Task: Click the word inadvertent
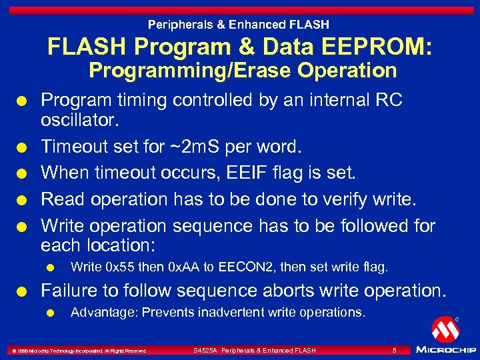pyautogui.click(x=235, y=312)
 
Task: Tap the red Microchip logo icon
pyautogui.click(x=444, y=329)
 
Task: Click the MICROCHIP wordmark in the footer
pyautogui.click(x=445, y=350)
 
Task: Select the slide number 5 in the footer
pyautogui.click(x=394, y=351)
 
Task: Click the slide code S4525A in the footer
pyautogui.click(x=206, y=351)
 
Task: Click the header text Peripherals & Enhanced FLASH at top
pyautogui.click(x=239, y=25)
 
